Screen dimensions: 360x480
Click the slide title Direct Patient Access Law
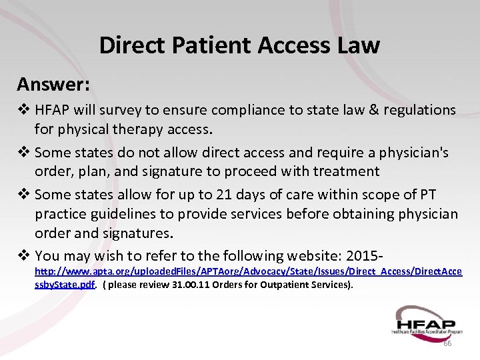(239, 45)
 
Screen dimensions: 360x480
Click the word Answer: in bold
(54, 84)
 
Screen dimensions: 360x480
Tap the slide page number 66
(447, 343)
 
